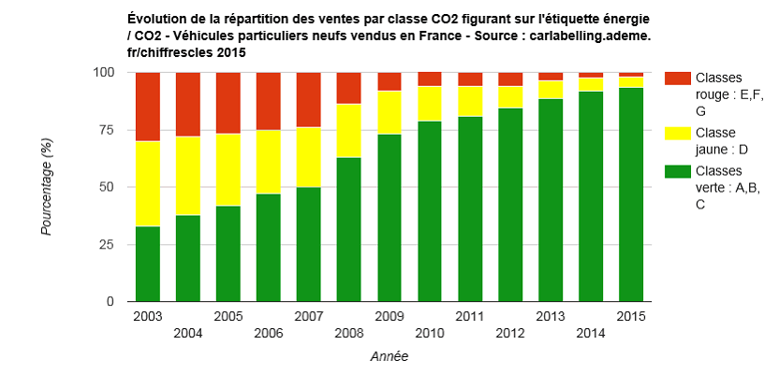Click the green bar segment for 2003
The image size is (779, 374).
(x=148, y=264)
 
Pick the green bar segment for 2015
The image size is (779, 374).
(x=631, y=194)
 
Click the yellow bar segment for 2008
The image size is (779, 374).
(x=349, y=130)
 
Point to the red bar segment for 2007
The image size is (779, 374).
(x=309, y=99)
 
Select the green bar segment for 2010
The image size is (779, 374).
(x=430, y=211)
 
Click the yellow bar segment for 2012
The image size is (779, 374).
(x=510, y=97)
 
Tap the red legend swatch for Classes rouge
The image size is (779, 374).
(x=678, y=79)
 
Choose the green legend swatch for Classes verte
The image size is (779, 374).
(x=678, y=171)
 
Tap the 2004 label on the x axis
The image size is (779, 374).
(x=188, y=333)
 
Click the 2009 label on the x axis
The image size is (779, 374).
(x=389, y=316)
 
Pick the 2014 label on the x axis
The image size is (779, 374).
(x=591, y=333)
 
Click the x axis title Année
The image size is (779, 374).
(x=389, y=356)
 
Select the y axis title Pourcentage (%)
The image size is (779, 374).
(x=46, y=187)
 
